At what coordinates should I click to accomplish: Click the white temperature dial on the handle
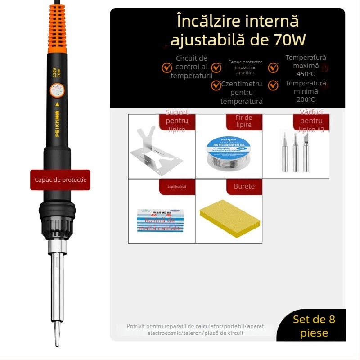[57, 91]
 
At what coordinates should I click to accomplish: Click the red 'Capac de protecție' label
[60, 180]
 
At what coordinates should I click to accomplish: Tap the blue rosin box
[161, 220]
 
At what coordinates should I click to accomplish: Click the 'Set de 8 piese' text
[314, 326]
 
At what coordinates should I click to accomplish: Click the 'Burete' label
[244, 186]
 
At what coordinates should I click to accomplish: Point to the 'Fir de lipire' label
[244, 121]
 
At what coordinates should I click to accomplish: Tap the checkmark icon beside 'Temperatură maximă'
[273, 67]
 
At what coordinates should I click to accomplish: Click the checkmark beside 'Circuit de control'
[167, 67]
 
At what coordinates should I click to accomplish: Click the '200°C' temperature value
[306, 99]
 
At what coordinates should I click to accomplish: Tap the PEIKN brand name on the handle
[57, 117]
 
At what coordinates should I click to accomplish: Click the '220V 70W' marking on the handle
[57, 72]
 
